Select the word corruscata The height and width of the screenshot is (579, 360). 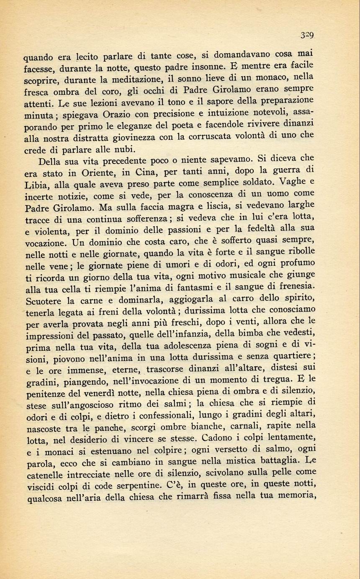click(x=228, y=136)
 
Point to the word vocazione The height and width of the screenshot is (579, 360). click(x=45, y=243)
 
